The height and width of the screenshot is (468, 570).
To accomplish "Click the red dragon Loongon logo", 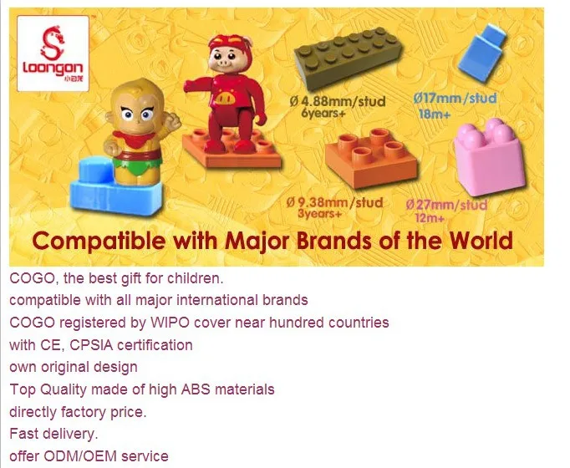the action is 53,53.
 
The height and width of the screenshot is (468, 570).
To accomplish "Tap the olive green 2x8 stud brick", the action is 348,58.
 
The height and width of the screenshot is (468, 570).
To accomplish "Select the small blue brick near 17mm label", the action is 482,53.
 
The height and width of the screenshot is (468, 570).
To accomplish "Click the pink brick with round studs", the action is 489,157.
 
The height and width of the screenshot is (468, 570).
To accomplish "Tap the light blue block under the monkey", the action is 116,188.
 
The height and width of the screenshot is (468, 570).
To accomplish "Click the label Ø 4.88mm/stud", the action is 338,101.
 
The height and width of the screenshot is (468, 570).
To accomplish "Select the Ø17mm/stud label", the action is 455,98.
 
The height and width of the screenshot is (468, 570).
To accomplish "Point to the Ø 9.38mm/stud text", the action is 334,202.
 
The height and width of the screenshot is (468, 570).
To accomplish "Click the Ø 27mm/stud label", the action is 446,205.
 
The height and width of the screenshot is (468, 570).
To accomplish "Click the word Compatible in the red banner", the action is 99,242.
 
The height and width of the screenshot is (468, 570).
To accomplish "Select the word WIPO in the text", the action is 170,323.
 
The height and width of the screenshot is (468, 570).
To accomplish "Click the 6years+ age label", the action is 323,114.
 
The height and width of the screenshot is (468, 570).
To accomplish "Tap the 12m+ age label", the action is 430,218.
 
